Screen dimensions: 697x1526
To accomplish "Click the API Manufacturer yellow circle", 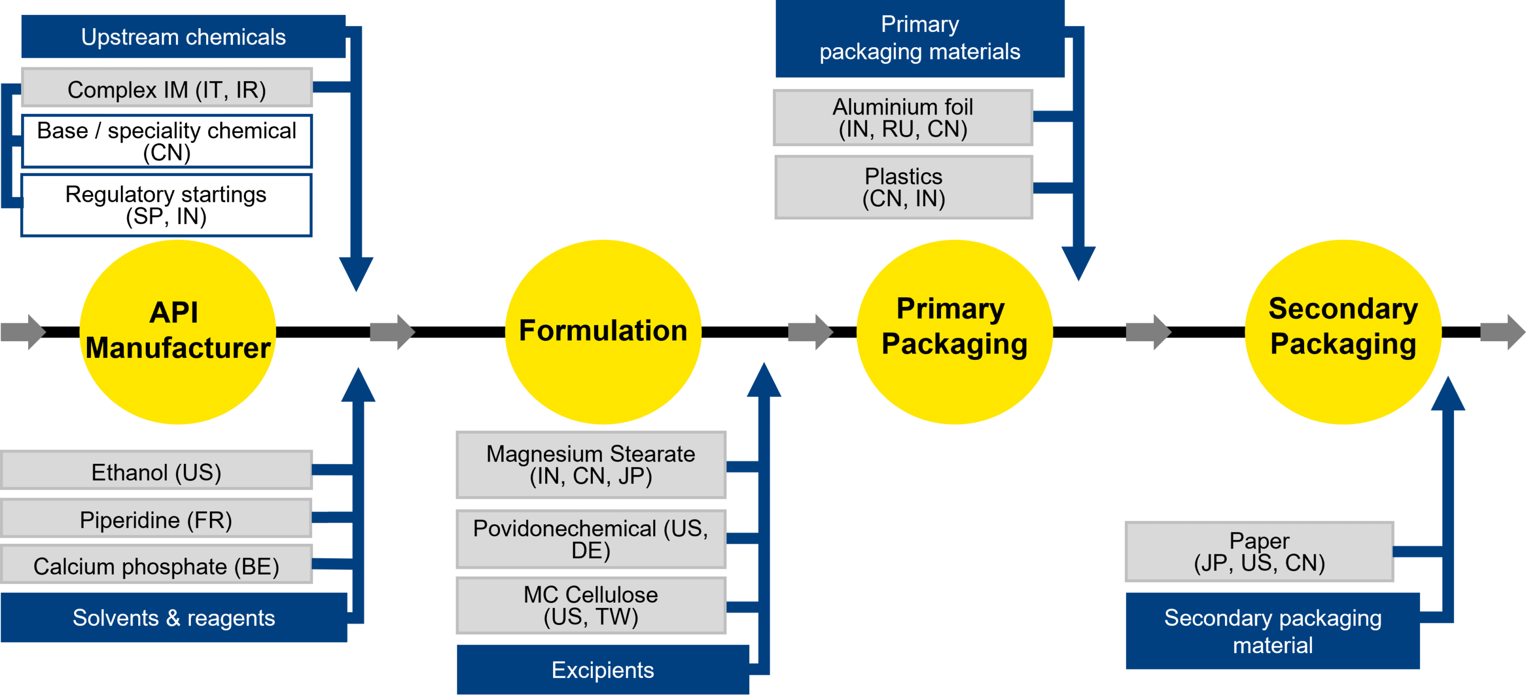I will tap(178, 331).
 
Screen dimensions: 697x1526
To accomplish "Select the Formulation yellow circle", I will tap(603, 331).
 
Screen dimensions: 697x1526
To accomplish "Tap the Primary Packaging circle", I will tap(954, 331).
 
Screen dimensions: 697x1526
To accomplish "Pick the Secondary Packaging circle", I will tap(1343, 331).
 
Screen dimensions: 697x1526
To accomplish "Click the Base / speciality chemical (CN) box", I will tap(166, 141).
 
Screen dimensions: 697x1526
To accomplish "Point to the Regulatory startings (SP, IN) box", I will tap(166, 205).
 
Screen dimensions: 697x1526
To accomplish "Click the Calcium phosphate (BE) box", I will tap(156, 565).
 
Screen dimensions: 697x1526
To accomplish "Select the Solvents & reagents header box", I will tap(174, 617).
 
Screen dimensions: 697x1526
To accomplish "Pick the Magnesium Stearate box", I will tap(591, 465).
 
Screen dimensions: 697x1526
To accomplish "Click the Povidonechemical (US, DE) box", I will tap(591, 539).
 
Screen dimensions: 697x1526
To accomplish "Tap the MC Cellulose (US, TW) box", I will tap(591, 605).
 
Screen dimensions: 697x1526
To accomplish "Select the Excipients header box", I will tap(602, 670).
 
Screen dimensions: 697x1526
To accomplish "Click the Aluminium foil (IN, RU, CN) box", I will tap(903, 117).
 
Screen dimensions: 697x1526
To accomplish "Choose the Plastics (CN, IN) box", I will tap(903, 187).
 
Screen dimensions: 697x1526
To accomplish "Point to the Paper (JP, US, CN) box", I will tap(1259, 551).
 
